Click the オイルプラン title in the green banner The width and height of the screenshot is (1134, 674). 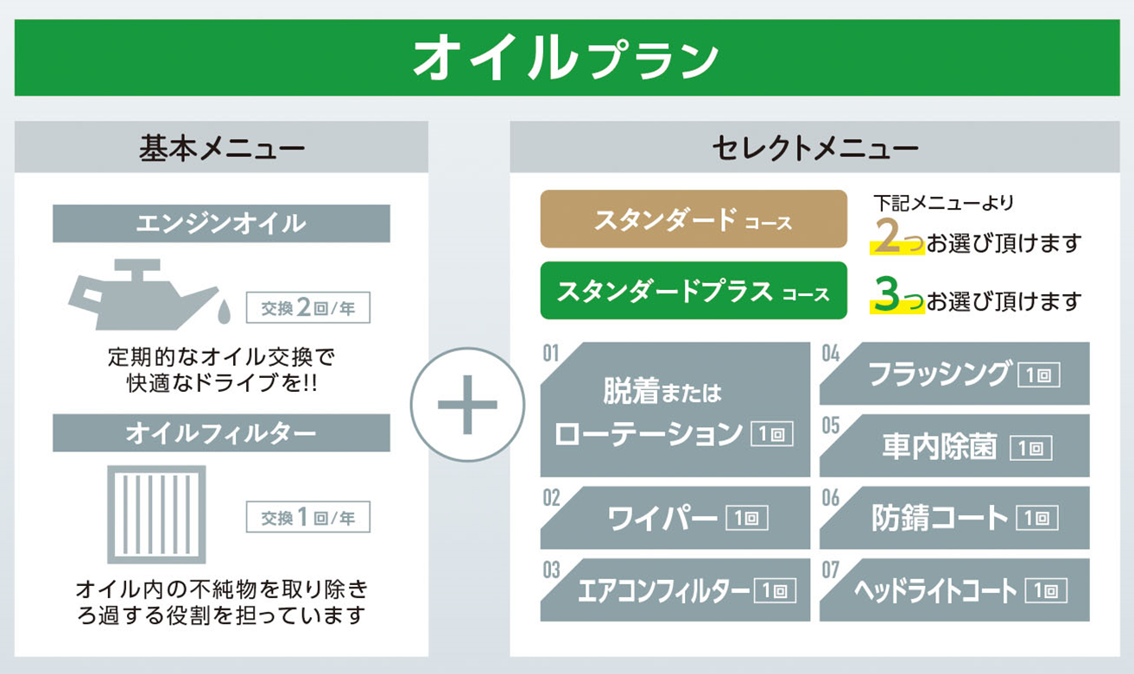click(566, 58)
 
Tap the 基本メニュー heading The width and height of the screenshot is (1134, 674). click(222, 148)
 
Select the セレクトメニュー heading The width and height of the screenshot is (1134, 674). click(815, 148)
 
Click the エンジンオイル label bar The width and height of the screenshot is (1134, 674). click(221, 224)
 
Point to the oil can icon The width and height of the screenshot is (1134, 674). click(144, 294)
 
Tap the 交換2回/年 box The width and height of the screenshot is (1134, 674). click(307, 307)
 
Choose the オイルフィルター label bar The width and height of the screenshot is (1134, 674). click(221, 433)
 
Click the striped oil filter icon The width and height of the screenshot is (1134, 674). click(156, 514)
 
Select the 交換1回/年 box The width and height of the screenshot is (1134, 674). click(307, 517)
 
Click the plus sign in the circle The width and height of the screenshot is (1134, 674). click(467, 405)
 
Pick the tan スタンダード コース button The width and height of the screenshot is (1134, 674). click(694, 219)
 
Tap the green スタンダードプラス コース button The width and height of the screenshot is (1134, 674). click(694, 291)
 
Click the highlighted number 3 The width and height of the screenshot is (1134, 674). click(886, 294)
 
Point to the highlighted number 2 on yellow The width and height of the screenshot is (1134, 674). click(887, 236)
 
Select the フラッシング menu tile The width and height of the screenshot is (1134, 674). click(954, 374)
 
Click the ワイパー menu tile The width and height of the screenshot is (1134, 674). click(675, 518)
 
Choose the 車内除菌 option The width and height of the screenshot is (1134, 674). click(954, 446)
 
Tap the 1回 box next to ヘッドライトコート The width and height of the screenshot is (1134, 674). click(1046, 590)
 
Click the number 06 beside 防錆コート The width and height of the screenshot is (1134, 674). click(831, 498)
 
